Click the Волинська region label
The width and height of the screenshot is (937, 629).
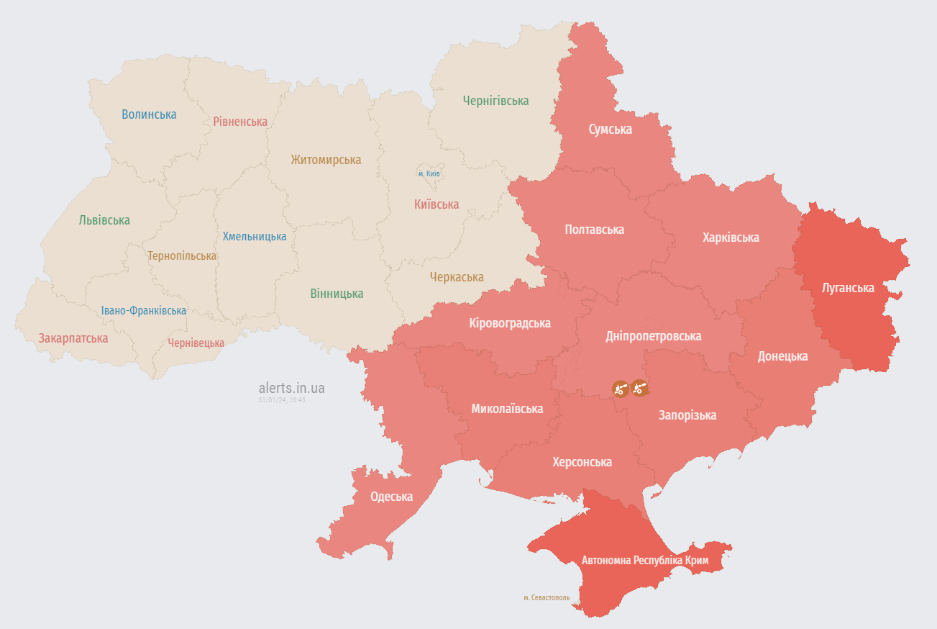coord(149,114)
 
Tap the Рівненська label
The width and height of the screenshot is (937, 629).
coord(240,122)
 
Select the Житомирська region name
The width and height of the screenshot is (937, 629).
coord(326,160)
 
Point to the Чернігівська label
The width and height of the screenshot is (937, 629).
coord(495,101)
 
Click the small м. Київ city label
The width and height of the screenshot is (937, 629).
coord(429,174)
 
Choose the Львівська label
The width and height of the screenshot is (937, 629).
coord(104,220)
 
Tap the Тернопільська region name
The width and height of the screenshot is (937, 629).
coord(182,256)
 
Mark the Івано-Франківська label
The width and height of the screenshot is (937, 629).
coord(144,311)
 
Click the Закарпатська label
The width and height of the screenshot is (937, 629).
coord(73,338)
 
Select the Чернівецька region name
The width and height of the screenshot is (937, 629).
coord(196,343)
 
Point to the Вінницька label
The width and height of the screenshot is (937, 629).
coord(337,294)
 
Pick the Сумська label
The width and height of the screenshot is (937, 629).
coord(610,130)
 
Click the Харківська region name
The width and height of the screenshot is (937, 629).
coord(731,237)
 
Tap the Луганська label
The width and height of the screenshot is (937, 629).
coord(848,288)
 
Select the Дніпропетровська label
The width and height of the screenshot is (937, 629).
coord(653,336)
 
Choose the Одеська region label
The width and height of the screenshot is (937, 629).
coord(391,497)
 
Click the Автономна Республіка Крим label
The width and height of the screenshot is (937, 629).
coord(645,561)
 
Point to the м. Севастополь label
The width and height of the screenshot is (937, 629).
coord(547,598)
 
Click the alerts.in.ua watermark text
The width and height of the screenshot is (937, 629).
coord(291,389)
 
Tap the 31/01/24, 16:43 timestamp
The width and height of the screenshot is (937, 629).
coord(282,400)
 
